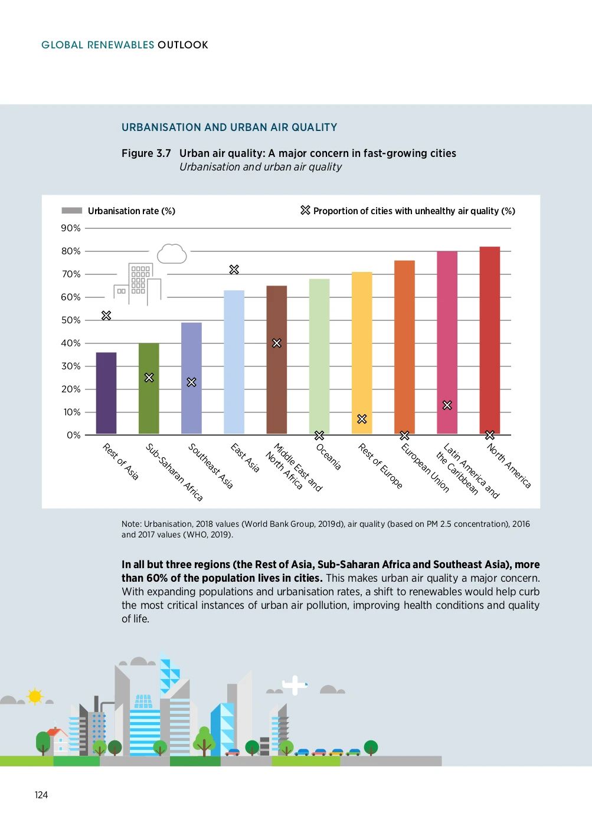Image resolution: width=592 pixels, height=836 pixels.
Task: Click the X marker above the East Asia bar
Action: coord(234,270)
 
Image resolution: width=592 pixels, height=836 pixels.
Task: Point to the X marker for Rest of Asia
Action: coord(106,316)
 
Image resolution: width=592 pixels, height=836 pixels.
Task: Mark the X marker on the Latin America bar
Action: coord(447,405)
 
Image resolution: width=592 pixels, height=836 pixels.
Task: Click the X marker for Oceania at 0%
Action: coord(319,435)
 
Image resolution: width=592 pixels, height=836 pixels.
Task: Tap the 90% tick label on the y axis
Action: coord(71,228)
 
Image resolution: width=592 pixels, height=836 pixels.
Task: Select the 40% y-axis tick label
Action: coord(71,343)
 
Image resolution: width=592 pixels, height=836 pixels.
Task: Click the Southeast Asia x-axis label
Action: coord(210,466)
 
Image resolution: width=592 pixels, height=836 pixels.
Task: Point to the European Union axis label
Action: coord(424,468)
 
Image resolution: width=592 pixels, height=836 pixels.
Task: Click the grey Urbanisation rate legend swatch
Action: coord(72,211)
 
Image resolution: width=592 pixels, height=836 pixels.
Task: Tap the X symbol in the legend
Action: coord(305,210)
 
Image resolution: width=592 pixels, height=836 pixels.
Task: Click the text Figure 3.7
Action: coord(146,153)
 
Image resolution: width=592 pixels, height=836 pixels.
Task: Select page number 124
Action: coord(41,795)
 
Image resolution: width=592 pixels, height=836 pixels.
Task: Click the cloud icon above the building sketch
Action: coord(172,254)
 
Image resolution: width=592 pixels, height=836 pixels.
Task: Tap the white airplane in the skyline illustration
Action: coord(294,685)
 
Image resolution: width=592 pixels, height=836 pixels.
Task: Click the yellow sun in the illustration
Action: coord(35,697)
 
